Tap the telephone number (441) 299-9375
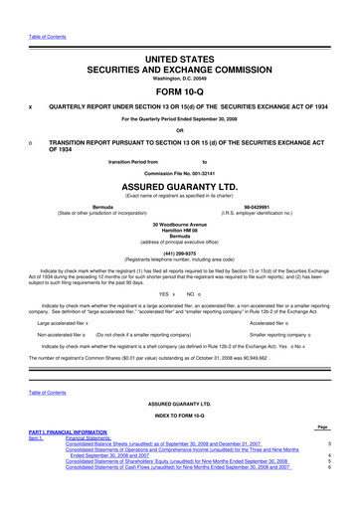point(180,253)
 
